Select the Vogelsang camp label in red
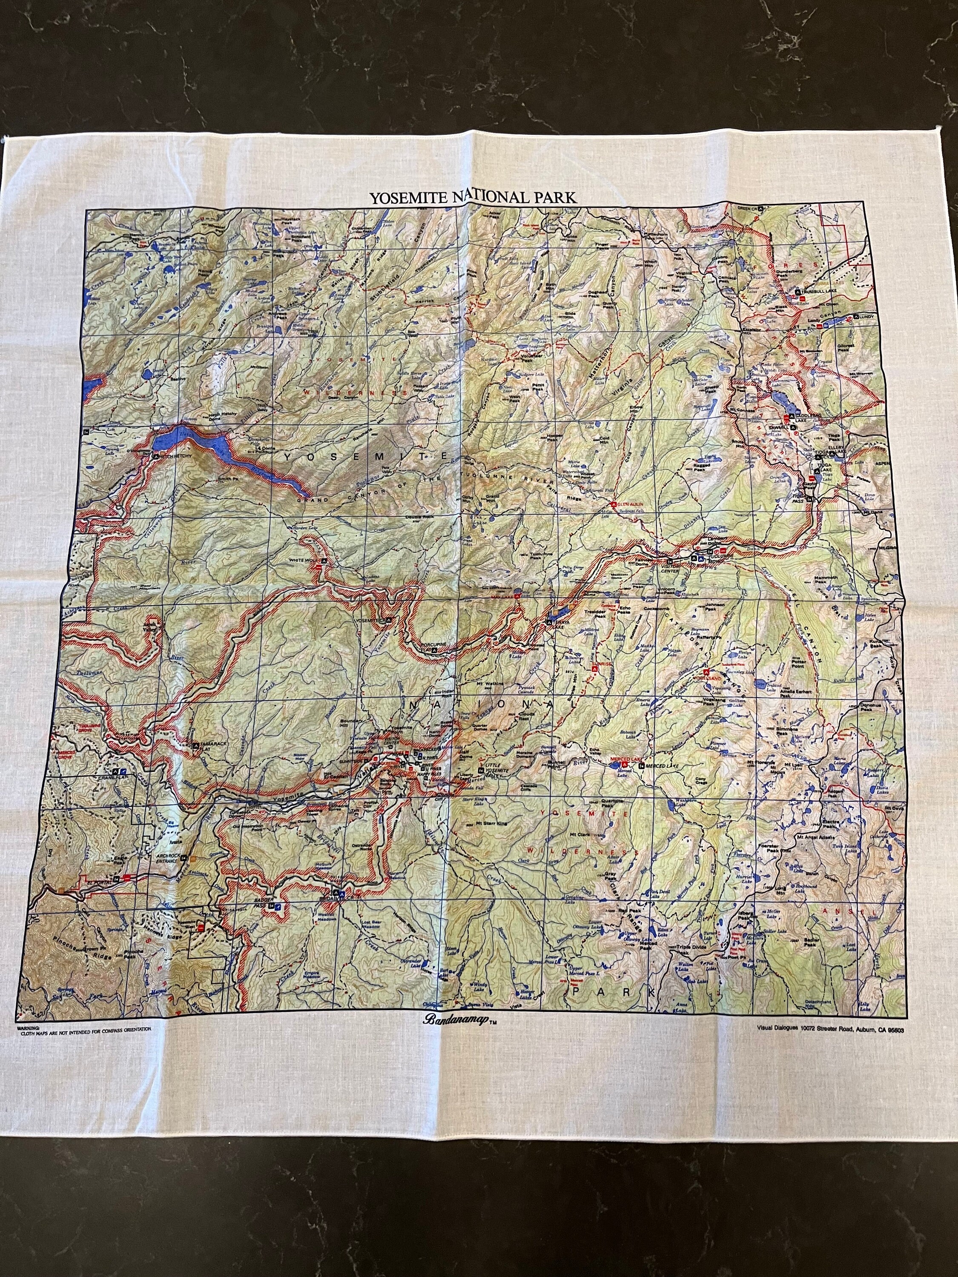(x=714, y=675)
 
